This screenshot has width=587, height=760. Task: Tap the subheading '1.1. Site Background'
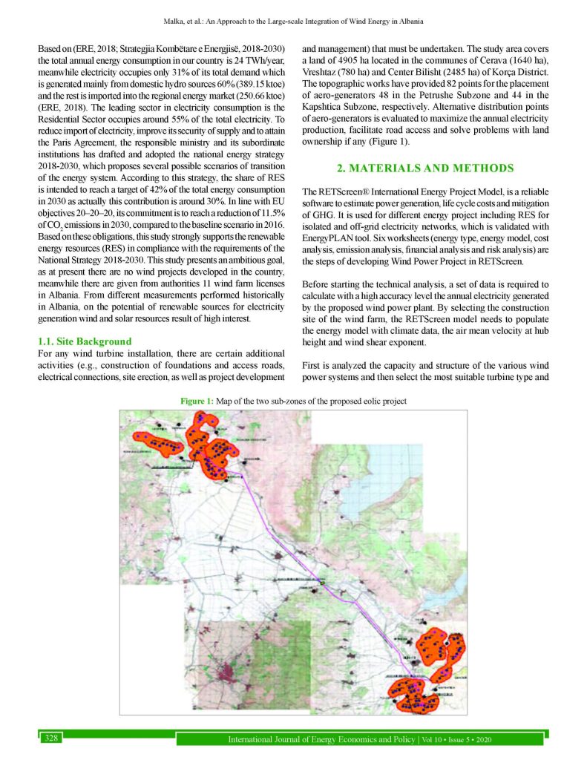click(x=85, y=341)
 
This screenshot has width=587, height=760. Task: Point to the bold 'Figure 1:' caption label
click(x=199, y=401)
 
